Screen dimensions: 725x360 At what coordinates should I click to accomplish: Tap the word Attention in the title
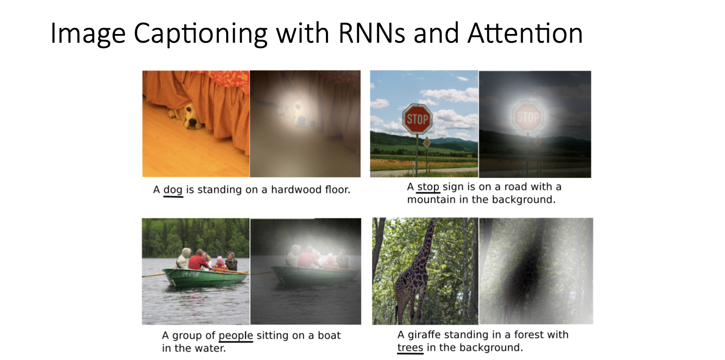pyautogui.click(x=525, y=34)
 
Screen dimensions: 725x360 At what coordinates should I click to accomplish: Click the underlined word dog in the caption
pyautogui.click(x=173, y=190)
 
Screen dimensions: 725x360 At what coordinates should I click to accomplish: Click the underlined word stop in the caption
pyautogui.click(x=428, y=187)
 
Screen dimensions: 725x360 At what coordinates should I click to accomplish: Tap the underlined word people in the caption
pyautogui.click(x=236, y=336)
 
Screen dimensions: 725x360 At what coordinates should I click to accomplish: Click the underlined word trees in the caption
pyautogui.click(x=410, y=348)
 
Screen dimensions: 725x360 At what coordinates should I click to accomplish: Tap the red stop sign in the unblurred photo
pyautogui.click(x=417, y=119)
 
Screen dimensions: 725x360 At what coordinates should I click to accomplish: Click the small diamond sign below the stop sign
pyautogui.click(x=427, y=143)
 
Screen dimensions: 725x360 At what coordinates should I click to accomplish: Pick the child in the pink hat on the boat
pyautogui.click(x=220, y=264)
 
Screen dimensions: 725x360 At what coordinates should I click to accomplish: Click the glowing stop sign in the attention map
pyautogui.click(x=528, y=117)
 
